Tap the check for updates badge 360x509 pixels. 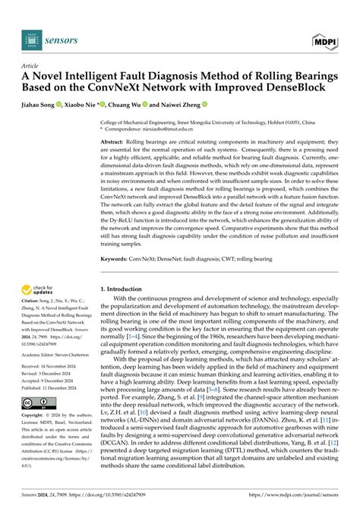click(41, 289)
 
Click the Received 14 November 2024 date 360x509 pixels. click(56, 368)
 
